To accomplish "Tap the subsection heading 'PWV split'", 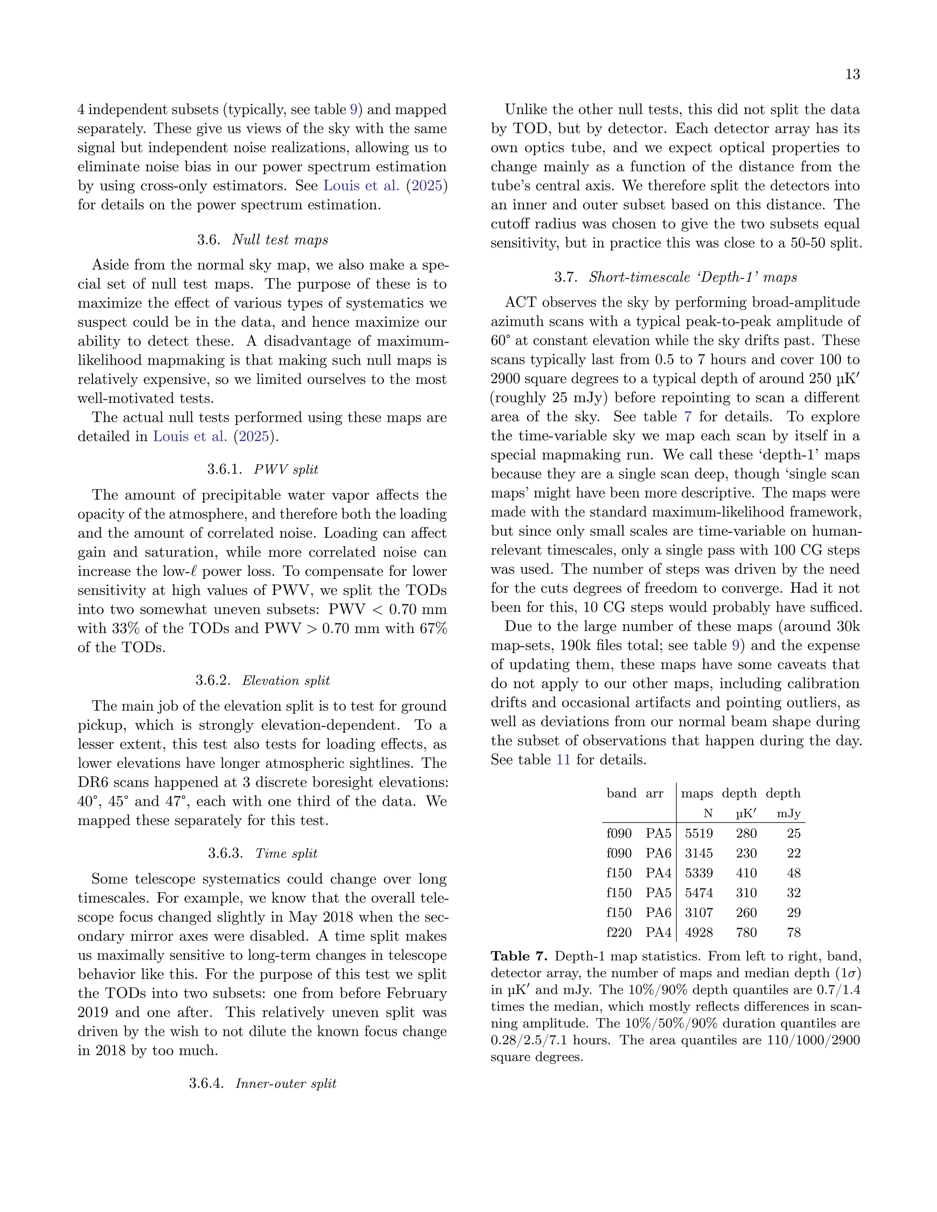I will pos(286,470).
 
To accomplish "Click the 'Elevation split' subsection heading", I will pos(286,681).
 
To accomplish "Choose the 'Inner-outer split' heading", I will pos(286,1083).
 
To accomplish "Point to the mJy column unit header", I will pos(788,814).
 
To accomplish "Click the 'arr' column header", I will pos(654,794).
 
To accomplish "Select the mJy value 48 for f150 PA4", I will pos(794,873).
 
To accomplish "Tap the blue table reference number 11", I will pos(563,760).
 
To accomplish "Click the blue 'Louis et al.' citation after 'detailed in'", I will pos(190,437).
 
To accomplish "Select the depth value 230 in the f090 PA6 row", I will pos(746,853).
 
